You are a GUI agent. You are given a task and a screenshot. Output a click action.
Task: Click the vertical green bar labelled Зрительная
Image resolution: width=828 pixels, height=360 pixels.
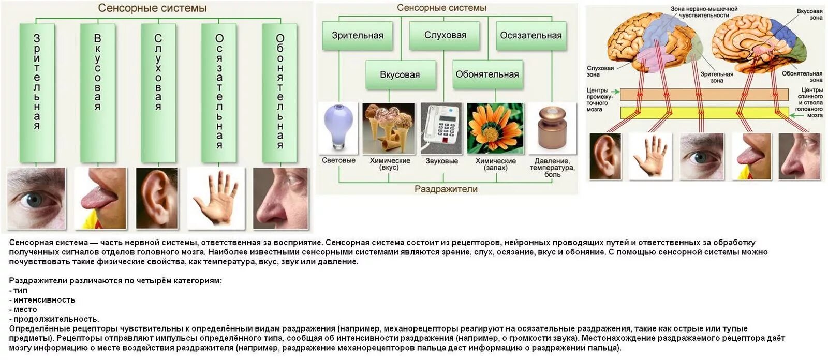coord(37,93)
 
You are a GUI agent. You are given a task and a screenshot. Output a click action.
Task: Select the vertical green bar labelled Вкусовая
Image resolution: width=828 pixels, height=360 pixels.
coord(97,93)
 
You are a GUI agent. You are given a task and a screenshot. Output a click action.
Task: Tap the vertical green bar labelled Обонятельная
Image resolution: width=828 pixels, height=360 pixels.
coord(279,93)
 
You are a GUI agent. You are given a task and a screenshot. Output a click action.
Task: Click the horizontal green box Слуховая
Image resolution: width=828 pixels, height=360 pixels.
coord(445,35)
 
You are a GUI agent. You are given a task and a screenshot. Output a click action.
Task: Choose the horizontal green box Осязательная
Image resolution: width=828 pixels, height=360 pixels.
coord(530,35)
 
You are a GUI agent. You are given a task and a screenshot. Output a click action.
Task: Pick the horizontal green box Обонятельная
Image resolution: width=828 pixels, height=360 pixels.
coord(487,74)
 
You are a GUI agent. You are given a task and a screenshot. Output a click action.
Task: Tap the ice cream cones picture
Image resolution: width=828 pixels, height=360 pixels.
coord(388,128)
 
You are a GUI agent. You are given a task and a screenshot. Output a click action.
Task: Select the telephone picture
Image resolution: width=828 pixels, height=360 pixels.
coord(441,128)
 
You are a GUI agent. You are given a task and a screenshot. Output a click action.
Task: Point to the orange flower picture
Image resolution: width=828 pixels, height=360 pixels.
coord(495,128)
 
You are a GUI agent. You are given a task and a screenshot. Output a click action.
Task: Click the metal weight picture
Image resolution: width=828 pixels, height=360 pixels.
coord(552,128)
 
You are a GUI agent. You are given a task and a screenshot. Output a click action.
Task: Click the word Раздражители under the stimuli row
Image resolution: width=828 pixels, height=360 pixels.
coord(446,189)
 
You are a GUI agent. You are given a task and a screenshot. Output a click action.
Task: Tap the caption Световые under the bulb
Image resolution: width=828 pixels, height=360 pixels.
coord(338,160)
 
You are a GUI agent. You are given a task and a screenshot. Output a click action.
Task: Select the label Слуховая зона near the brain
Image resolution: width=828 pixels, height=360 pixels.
coord(600,71)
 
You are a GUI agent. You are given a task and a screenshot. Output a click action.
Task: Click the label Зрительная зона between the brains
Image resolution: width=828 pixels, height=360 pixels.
coord(717,77)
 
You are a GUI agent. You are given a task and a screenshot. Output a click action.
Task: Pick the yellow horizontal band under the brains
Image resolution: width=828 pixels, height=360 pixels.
coord(704,113)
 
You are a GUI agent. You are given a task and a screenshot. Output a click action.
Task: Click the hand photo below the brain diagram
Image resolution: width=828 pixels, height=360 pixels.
coord(650,156)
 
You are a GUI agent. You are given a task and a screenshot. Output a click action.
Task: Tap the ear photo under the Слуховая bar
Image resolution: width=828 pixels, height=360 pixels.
coord(157,198)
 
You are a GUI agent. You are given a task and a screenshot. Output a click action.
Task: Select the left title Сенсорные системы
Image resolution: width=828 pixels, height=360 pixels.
coord(152,8)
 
